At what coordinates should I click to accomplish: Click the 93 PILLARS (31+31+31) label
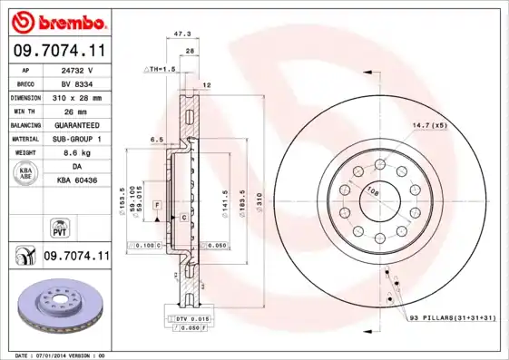[450, 317]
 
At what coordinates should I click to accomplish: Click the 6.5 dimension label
[156, 140]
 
